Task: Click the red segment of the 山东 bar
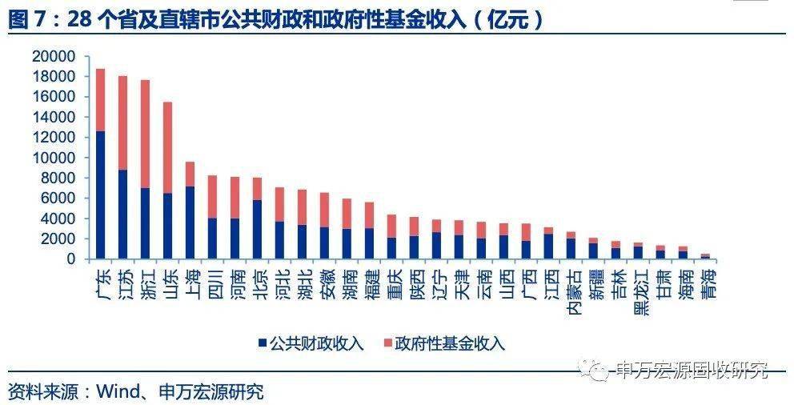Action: tap(167, 147)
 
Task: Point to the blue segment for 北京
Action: tap(257, 229)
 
